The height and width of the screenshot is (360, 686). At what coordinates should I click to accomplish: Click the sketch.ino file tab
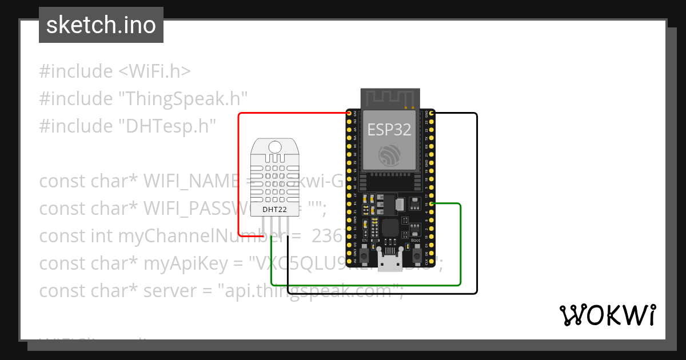[101, 26]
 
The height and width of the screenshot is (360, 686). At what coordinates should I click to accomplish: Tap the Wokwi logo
[607, 315]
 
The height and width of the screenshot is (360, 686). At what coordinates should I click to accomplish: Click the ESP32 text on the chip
[389, 129]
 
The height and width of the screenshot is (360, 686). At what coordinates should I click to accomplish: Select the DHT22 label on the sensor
[274, 209]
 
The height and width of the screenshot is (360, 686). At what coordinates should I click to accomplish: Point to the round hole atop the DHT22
[274, 148]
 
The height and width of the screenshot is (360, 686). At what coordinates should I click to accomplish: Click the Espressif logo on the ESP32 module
[390, 154]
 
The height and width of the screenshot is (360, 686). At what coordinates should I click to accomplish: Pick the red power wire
[238, 171]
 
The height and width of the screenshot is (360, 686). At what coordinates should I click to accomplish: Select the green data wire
[366, 285]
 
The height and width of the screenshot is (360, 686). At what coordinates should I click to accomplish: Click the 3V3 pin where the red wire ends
[349, 114]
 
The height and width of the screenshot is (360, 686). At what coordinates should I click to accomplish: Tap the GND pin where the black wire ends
[432, 114]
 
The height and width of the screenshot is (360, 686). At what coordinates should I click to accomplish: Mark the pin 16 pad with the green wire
[432, 203]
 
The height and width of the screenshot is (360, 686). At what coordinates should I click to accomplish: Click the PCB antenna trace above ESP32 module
[390, 98]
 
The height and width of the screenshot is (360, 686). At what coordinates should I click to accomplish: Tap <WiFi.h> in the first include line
[154, 71]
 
